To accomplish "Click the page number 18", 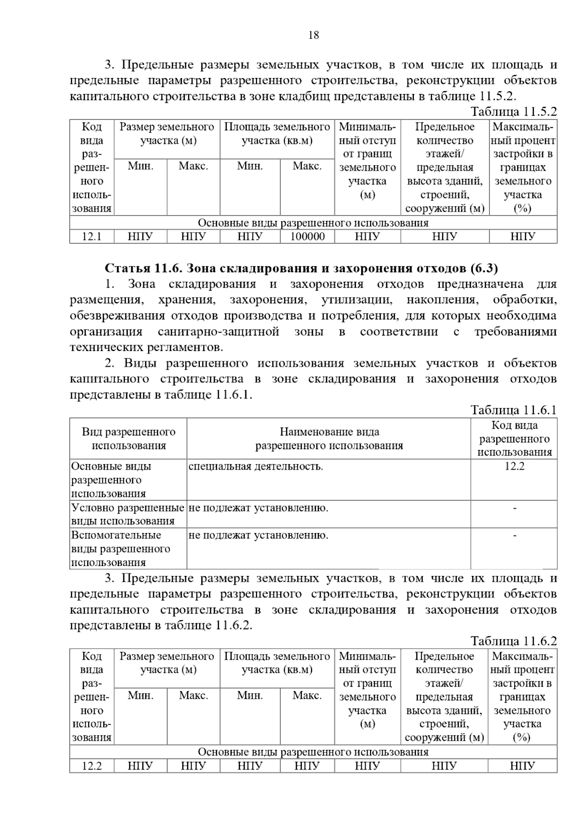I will [x=313, y=35].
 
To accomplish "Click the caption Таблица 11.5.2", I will [x=513, y=112].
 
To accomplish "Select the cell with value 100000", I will [x=307, y=237].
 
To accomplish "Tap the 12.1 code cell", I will [x=92, y=237].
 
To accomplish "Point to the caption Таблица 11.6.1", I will [x=513, y=410].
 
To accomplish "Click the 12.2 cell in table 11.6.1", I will [x=514, y=466].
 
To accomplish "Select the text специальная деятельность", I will [x=255, y=466].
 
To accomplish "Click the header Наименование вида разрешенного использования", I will [x=329, y=438].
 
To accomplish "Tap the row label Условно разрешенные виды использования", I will [x=128, y=514].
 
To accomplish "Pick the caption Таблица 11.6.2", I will [x=513, y=641].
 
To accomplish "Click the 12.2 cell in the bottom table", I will [x=92, y=766].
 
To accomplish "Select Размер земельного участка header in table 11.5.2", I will [x=167, y=134].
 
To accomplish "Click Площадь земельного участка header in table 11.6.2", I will [x=277, y=663].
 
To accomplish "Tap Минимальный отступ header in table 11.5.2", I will [x=367, y=160].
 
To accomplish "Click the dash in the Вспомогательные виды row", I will [x=514, y=535].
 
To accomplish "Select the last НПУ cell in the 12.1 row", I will [x=523, y=237].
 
